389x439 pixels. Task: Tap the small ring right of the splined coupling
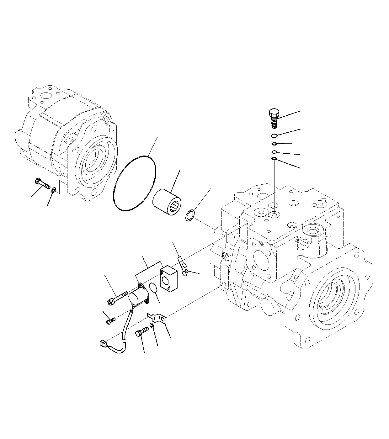(x=189, y=215)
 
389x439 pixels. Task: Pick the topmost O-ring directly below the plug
(x=274, y=135)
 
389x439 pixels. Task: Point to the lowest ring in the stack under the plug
(x=274, y=159)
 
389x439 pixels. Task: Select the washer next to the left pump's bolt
(x=54, y=190)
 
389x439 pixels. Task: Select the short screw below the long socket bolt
(x=111, y=321)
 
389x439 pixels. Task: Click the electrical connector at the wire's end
(x=102, y=344)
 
